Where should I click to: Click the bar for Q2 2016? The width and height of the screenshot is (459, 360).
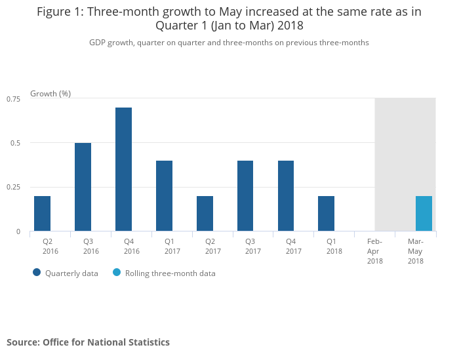click(43, 214)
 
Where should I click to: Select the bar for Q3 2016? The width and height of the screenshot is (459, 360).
click(83, 187)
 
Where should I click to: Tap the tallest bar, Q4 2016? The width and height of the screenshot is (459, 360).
click(123, 169)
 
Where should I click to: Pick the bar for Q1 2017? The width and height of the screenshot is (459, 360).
click(164, 196)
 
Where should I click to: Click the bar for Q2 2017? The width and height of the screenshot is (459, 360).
click(205, 214)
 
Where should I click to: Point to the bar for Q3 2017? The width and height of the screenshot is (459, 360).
click(245, 196)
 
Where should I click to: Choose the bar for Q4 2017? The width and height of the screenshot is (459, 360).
click(286, 196)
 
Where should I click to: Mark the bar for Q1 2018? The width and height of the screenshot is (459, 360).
click(327, 214)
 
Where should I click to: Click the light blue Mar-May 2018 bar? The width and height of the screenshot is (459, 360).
click(424, 214)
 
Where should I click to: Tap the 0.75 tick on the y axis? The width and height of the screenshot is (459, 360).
click(14, 98)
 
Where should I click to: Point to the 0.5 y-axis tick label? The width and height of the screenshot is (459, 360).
click(16, 143)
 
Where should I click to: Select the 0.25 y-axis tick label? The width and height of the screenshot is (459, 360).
click(14, 188)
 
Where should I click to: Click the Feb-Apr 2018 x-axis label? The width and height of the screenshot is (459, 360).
click(375, 251)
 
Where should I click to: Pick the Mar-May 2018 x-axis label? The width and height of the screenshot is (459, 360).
click(415, 251)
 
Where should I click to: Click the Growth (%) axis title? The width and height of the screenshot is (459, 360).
click(50, 93)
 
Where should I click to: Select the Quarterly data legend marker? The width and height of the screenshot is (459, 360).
click(37, 273)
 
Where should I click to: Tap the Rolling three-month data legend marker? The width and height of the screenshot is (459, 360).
click(117, 273)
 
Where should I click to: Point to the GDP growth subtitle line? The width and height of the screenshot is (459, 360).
click(229, 42)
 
